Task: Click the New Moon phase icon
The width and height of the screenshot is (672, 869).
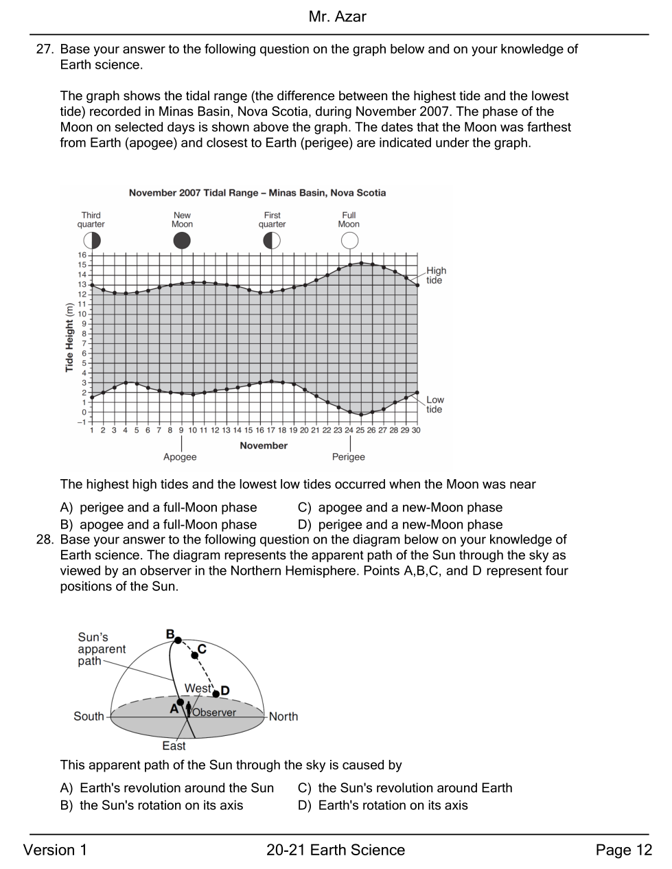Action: pyautogui.click(x=182, y=241)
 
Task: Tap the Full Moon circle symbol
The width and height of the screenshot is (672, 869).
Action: pyautogui.click(x=349, y=241)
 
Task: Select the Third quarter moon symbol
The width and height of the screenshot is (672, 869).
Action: pyautogui.click(x=91, y=241)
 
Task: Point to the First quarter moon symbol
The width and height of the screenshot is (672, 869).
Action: pyautogui.click(x=271, y=241)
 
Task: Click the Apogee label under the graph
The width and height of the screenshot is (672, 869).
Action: pyautogui.click(x=180, y=456)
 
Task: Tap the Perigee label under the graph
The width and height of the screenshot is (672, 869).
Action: pyautogui.click(x=349, y=456)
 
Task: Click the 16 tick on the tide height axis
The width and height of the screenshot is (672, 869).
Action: pyautogui.click(x=82, y=255)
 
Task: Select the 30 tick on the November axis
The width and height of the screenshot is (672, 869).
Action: pyautogui.click(x=416, y=430)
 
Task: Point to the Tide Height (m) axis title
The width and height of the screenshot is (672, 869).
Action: pyautogui.click(x=69, y=338)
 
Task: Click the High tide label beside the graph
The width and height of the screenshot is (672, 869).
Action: pyautogui.click(x=436, y=275)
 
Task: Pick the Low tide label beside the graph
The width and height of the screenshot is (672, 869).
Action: pyautogui.click(x=435, y=404)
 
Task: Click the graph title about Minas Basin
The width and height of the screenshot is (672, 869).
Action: pyautogui.click(x=257, y=193)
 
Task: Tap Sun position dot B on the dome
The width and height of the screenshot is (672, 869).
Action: pyautogui.click(x=178, y=640)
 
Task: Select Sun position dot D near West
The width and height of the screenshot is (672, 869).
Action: pyautogui.click(x=216, y=694)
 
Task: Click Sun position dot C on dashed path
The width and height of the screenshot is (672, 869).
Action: pyautogui.click(x=195, y=655)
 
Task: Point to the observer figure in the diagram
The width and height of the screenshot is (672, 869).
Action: pyautogui.click(x=188, y=710)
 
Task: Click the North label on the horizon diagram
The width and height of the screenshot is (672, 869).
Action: pyautogui.click(x=283, y=716)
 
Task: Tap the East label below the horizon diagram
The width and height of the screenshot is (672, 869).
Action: pyautogui.click(x=174, y=746)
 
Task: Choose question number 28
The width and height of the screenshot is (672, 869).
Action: pyautogui.click(x=45, y=540)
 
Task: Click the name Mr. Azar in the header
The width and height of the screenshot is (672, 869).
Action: pyautogui.click(x=338, y=16)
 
